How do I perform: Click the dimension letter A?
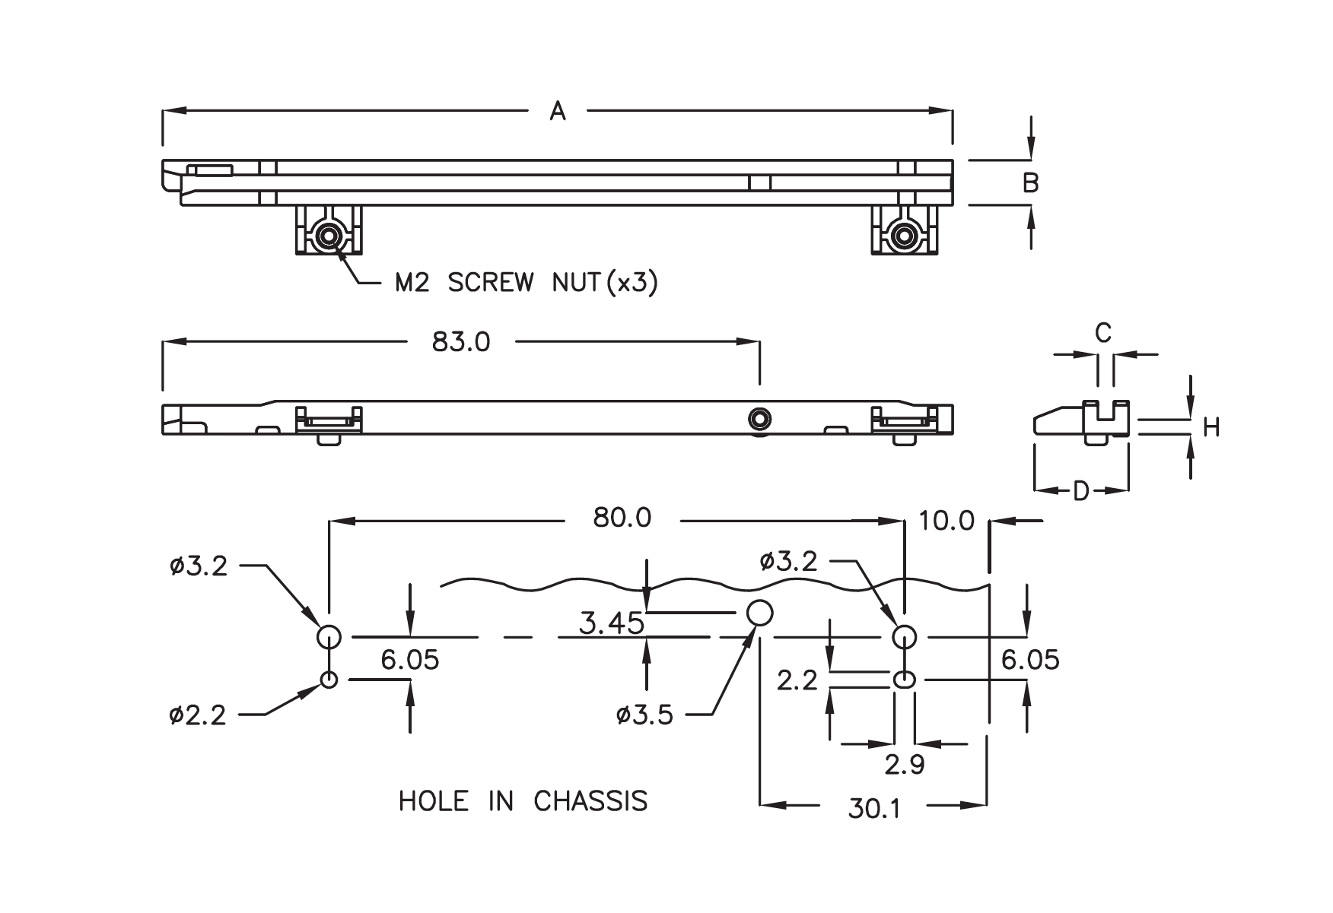click(x=558, y=112)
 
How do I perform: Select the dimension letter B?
click(x=1030, y=183)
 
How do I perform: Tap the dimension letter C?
click(x=1102, y=332)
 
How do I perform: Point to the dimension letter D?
click(x=1080, y=491)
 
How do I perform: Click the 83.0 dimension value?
click(x=461, y=342)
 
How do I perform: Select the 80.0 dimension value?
click(x=622, y=518)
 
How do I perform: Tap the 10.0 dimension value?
click(x=946, y=521)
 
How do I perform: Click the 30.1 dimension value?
click(x=874, y=809)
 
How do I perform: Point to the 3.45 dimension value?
click(x=612, y=623)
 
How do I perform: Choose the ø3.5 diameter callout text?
click(x=645, y=715)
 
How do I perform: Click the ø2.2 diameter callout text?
click(x=198, y=715)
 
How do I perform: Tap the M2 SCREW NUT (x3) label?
click(x=526, y=283)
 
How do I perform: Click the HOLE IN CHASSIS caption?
click(x=523, y=801)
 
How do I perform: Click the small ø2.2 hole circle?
click(x=329, y=680)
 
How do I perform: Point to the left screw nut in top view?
click(x=329, y=236)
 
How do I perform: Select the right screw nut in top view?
click(x=904, y=236)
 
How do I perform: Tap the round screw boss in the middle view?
click(x=759, y=417)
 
